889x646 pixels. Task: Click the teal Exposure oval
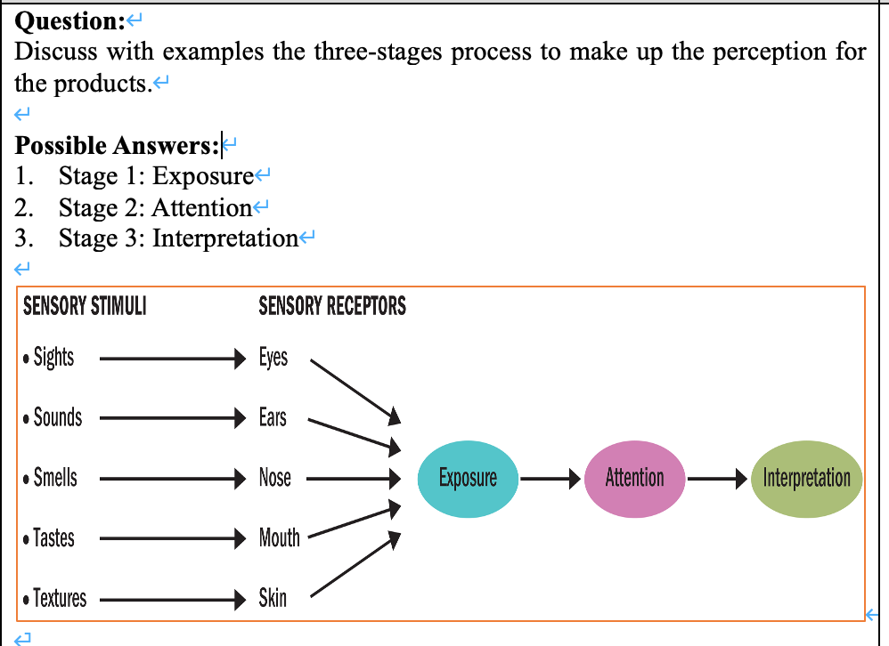pyautogui.click(x=468, y=479)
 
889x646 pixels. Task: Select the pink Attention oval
pyautogui.click(x=635, y=479)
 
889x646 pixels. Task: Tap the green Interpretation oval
pyautogui.click(x=806, y=479)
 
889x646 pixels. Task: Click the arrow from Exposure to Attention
pyautogui.click(x=551, y=479)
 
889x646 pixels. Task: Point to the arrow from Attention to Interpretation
pyautogui.click(x=717, y=479)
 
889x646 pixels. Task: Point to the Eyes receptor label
pyautogui.click(x=273, y=358)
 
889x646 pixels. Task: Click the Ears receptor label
pyautogui.click(x=273, y=417)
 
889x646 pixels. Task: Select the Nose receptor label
pyautogui.click(x=274, y=478)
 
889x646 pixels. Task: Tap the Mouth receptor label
pyautogui.click(x=279, y=537)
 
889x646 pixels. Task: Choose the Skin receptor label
pyautogui.click(x=273, y=598)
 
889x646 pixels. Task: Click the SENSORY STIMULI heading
pyautogui.click(x=85, y=307)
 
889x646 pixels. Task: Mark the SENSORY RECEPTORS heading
pyautogui.click(x=332, y=307)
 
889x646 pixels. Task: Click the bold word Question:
pyautogui.click(x=70, y=20)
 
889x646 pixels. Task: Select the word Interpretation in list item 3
pyautogui.click(x=224, y=238)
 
